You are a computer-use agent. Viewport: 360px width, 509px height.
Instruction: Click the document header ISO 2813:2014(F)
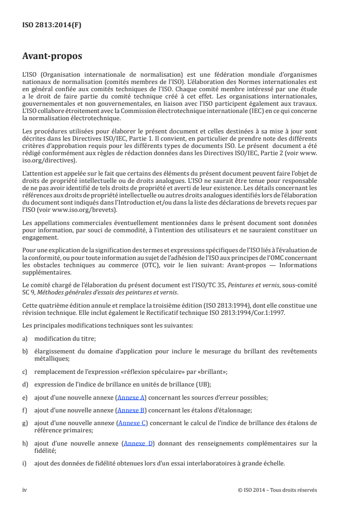pos(52,25)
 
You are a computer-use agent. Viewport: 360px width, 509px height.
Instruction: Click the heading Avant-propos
pos(52,57)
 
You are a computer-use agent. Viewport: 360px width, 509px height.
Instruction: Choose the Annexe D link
pos(138,443)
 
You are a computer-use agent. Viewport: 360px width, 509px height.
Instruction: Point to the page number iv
pos(25,490)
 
